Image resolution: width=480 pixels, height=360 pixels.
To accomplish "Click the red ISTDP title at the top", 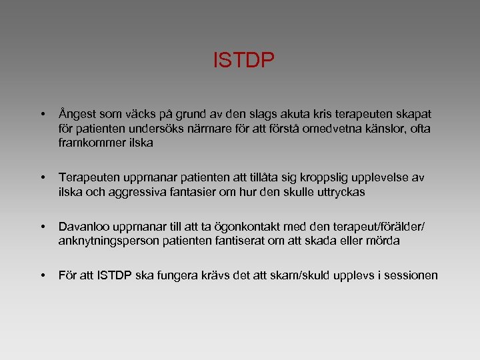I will pos(243,61).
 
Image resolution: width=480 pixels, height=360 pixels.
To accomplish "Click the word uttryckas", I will pos(339,191).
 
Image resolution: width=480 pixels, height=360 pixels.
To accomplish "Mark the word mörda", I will pos(382,241).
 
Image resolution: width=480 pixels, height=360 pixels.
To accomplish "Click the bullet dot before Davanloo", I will pos(42,227).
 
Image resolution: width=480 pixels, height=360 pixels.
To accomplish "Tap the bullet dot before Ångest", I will pos(42,115).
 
